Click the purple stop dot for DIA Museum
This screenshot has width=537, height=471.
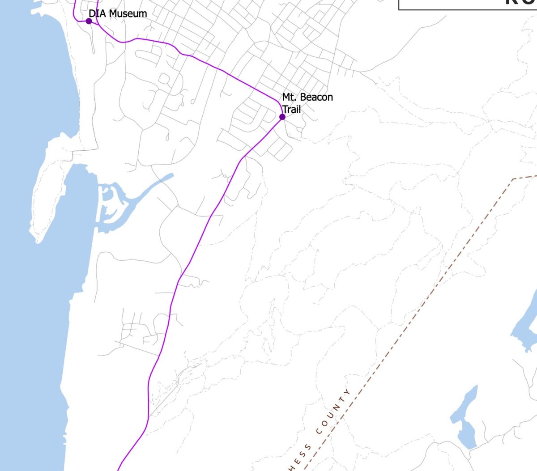[89, 21]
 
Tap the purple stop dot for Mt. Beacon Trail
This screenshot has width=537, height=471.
[282, 117]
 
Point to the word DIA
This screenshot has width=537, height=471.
[98, 13]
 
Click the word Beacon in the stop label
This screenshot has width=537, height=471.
[316, 97]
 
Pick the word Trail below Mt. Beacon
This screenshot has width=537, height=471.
[291, 109]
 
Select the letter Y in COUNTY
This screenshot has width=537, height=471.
[348, 391]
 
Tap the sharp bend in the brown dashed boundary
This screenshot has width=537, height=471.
[513, 179]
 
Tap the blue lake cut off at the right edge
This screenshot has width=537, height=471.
[528, 322]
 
